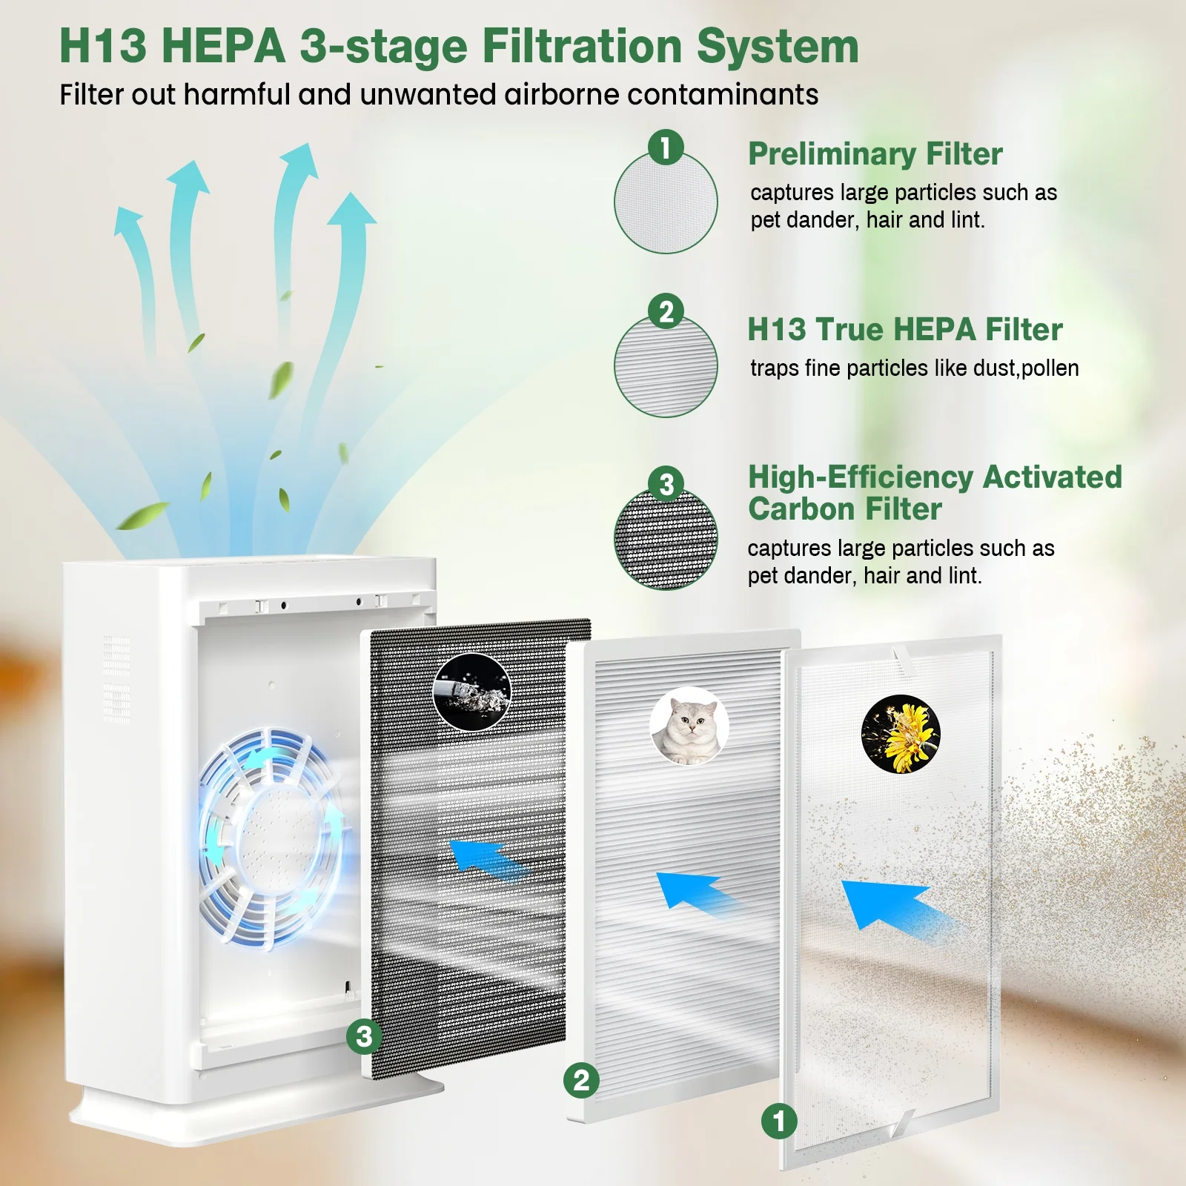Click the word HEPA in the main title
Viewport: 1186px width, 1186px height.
223,46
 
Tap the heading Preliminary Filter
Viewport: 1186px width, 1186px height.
875,154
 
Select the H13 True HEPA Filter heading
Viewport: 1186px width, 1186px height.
904,329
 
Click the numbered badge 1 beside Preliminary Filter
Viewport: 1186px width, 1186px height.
666,147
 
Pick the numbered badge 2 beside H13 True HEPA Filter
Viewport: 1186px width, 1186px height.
666,311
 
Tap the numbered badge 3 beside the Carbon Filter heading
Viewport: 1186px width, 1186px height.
666,483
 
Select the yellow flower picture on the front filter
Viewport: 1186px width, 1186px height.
901,734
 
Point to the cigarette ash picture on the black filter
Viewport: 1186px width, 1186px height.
471,692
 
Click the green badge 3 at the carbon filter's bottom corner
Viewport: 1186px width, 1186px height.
364,1036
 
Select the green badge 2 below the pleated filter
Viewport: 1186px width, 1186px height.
581,1080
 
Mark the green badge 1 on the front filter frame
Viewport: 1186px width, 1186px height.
779,1122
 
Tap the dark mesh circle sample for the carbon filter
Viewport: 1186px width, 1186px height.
666,539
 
